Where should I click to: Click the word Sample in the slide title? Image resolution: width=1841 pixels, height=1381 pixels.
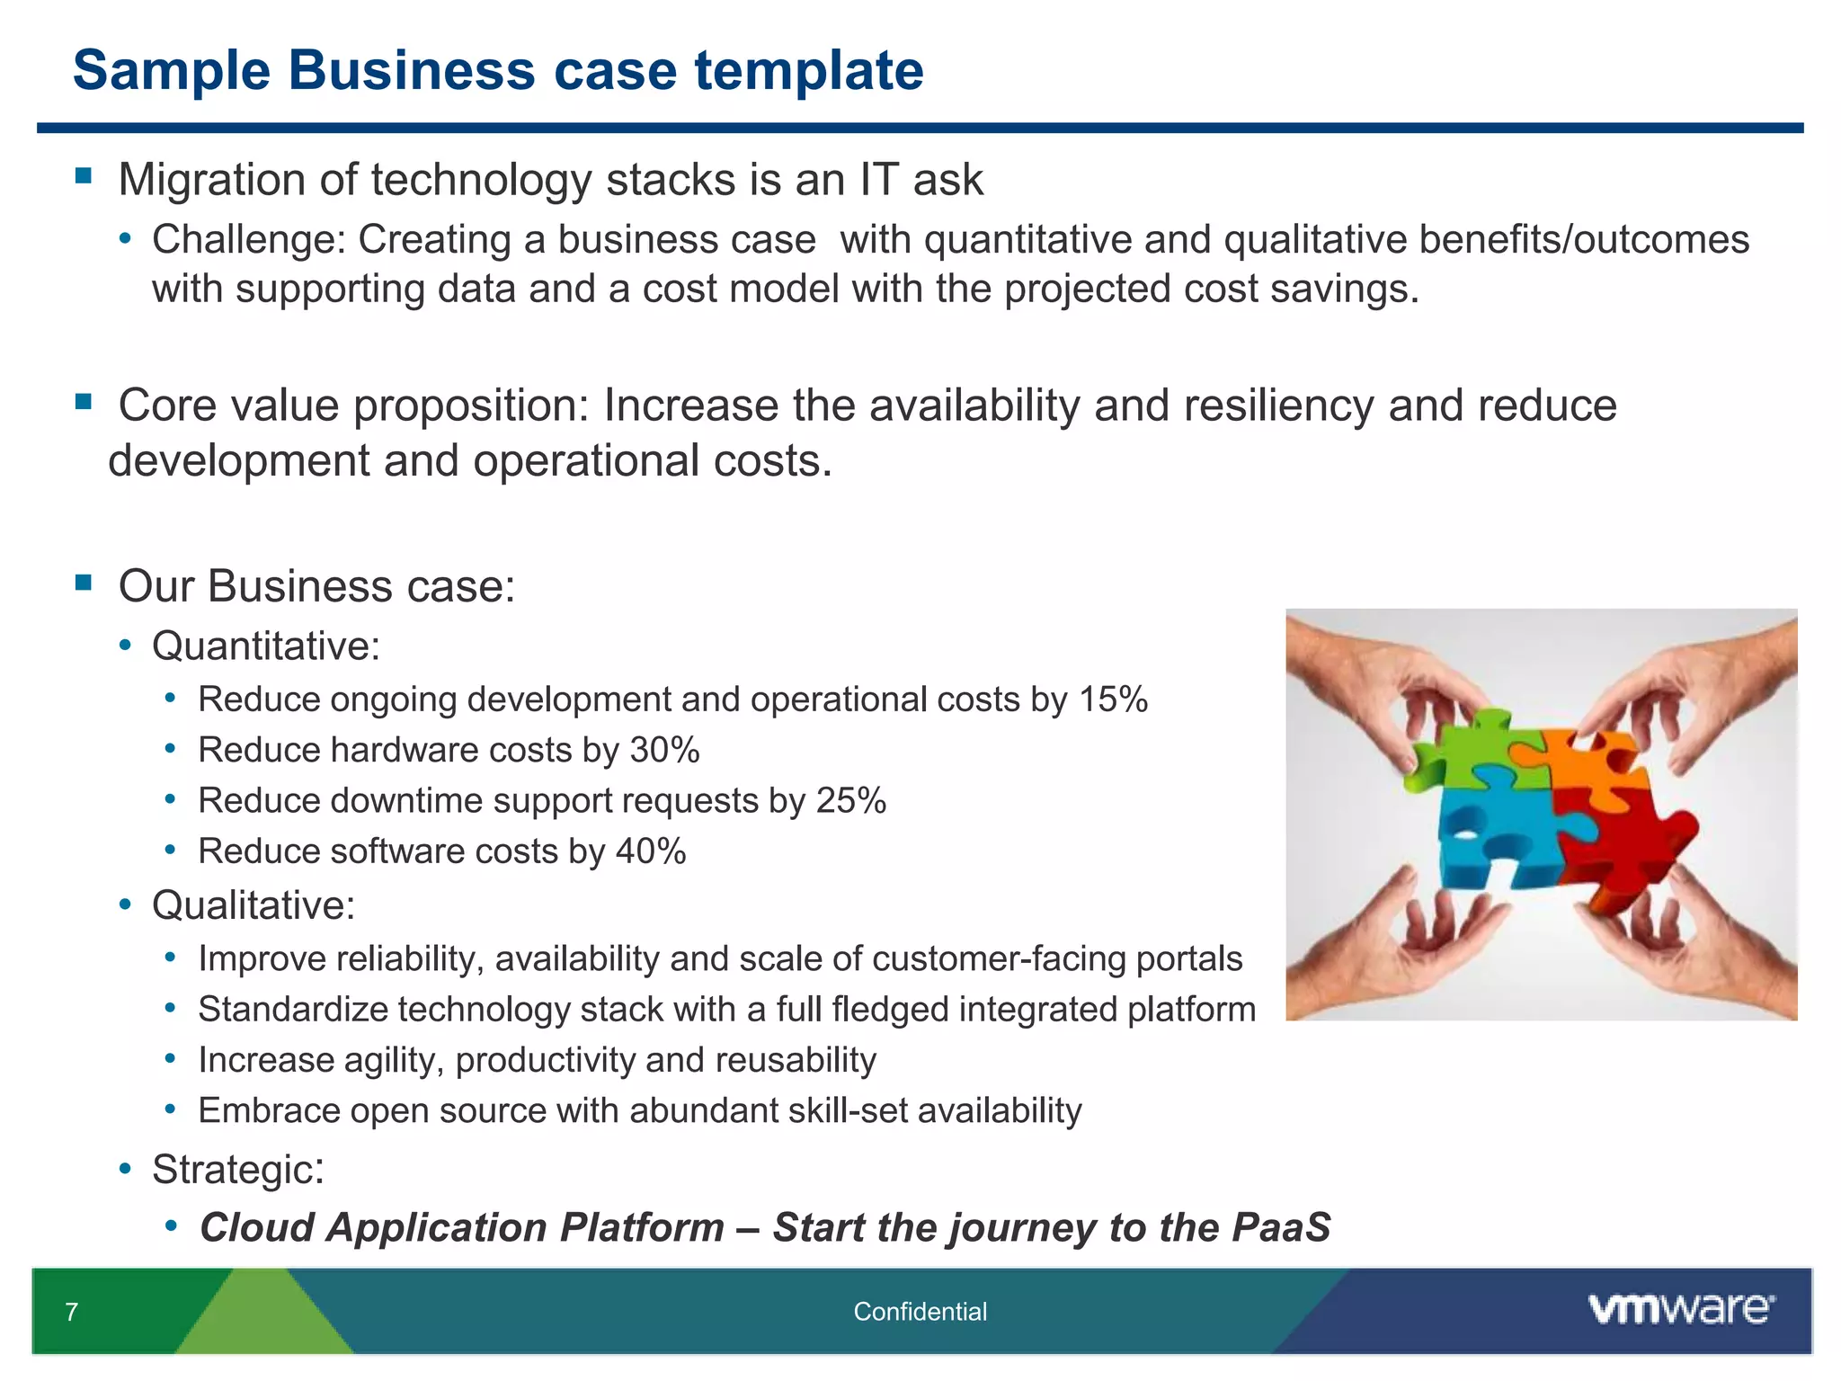click(171, 70)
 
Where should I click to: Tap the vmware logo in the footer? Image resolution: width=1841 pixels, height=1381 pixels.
click(1681, 1309)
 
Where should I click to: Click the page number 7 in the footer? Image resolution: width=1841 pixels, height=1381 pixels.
click(72, 1312)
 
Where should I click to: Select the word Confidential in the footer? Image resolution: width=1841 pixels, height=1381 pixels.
click(920, 1312)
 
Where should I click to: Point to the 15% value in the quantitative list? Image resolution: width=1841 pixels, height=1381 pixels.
click(1113, 699)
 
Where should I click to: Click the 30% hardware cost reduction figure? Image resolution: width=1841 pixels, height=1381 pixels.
click(664, 750)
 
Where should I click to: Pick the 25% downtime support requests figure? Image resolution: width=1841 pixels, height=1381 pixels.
click(850, 800)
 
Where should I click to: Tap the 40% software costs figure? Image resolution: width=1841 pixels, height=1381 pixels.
click(651, 851)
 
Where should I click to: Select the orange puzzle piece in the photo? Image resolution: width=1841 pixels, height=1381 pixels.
click(1596, 764)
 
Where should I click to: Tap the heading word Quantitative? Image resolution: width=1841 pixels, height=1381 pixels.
click(266, 646)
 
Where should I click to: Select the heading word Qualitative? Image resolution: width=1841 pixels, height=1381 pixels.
click(253, 905)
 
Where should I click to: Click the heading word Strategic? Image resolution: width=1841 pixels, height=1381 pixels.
click(238, 1170)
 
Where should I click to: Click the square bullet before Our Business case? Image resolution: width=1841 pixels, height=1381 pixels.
click(84, 583)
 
